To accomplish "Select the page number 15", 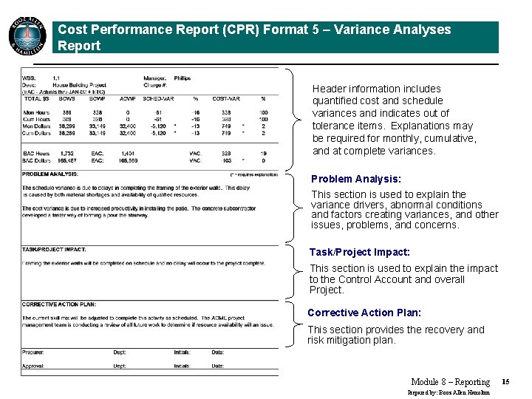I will coord(505,381).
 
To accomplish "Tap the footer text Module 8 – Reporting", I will coord(450,382).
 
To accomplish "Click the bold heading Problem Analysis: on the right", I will coord(356,179).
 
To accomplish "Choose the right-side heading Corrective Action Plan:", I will coord(364,313).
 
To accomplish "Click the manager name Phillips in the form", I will coord(182,78).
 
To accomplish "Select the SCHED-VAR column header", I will coord(157,98).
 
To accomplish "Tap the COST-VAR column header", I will coord(225,98).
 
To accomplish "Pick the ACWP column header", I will coord(127,98).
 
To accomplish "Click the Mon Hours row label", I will coord(37,112).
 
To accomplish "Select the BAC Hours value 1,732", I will coord(66,153).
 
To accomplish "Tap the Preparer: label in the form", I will coord(33,352).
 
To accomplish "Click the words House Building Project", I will coord(79,85).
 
